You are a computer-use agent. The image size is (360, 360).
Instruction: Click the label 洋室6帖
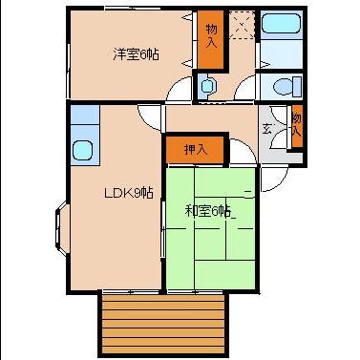(x=136, y=54)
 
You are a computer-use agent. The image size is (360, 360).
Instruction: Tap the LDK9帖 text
(x=128, y=193)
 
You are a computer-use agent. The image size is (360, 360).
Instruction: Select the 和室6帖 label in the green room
(x=207, y=211)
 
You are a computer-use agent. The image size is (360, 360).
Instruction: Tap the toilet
(x=283, y=87)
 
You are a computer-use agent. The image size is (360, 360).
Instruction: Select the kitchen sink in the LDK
(x=82, y=151)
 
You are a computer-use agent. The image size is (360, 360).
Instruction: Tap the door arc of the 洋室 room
(x=180, y=90)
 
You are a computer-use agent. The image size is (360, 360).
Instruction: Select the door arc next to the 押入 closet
(x=242, y=151)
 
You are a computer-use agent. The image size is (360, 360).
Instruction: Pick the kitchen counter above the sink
(x=82, y=121)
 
